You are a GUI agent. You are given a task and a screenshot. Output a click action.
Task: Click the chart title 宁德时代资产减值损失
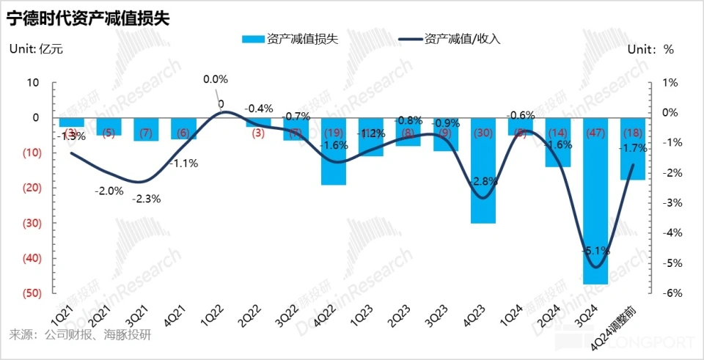point(88,18)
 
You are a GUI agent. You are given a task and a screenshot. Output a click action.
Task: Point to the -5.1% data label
point(595,250)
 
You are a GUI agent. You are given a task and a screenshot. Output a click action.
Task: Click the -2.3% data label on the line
point(146,198)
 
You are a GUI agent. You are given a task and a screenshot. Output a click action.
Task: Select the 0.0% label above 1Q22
point(216,79)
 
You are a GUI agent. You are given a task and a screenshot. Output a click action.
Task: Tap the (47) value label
point(595,133)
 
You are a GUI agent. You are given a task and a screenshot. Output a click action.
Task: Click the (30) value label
point(483,133)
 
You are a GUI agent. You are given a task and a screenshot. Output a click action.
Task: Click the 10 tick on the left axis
point(32,83)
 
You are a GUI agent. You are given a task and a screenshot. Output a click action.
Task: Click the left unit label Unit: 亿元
point(35,49)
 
